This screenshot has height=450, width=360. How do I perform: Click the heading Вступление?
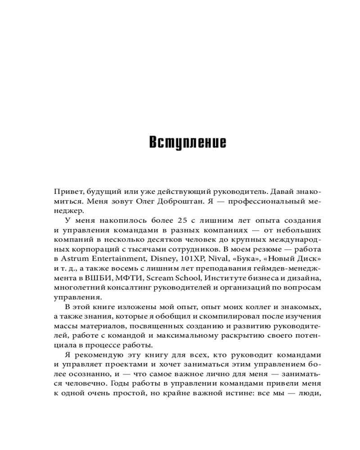coord(188,142)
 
